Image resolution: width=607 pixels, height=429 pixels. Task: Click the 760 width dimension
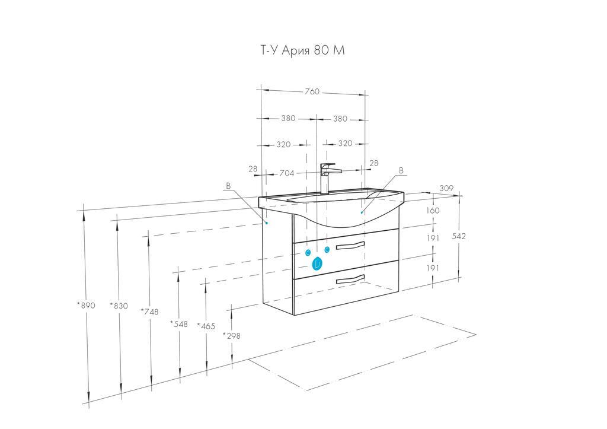(x=312, y=91)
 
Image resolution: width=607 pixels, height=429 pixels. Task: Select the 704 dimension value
(x=287, y=173)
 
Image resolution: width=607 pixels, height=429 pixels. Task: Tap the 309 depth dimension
(x=446, y=188)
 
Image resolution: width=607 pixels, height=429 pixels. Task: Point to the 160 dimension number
(x=433, y=211)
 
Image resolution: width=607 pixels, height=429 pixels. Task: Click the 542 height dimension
(x=459, y=236)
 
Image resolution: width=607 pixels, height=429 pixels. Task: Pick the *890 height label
(x=85, y=306)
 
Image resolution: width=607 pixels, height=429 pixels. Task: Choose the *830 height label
(x=119, y=306)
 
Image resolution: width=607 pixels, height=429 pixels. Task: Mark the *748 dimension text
(x=149, y=311)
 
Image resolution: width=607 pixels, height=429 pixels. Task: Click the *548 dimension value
(x=179, y=323)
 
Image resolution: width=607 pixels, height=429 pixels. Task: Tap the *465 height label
(x=206, y=326)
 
